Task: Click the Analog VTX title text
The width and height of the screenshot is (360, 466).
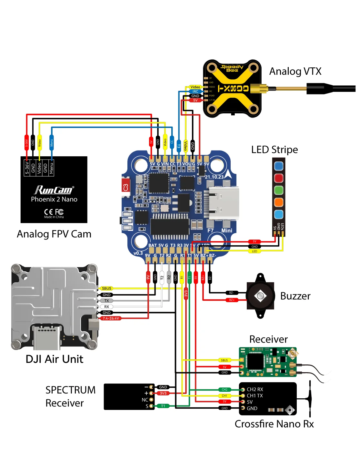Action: click(x=295, y=71)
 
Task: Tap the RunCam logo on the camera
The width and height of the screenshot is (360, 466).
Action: click(x=54, y=190)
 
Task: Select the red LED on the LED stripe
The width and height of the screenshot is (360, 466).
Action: click(x=279, y=178)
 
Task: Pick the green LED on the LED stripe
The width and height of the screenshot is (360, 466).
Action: click(x=279, y=190)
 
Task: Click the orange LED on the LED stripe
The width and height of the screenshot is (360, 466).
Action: click(x=279, y=202)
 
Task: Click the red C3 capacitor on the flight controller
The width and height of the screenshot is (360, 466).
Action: click(x=125, y=187)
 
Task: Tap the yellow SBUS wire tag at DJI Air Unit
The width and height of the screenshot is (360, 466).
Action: click(x=106, y=288)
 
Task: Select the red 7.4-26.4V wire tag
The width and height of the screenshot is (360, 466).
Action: click(x=111, y=318)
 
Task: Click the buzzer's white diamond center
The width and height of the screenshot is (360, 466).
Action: click(x=260, y=296)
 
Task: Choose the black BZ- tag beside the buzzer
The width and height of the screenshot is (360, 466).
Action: click(x=232, y=293)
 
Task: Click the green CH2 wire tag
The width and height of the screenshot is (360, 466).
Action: click(x=225, y=390)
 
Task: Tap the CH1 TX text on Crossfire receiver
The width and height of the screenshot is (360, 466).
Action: click(x=255, y=396)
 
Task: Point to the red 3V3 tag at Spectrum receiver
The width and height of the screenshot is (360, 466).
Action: click(x=163, y=393)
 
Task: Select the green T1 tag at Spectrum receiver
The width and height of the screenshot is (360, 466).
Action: click(x=163, y=406)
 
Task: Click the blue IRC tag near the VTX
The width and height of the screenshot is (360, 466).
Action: click(x=195, y=92)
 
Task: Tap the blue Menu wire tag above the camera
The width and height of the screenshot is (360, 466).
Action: click(x=51, y=142)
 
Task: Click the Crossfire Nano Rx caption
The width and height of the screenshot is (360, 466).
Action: click(x=274, y=424)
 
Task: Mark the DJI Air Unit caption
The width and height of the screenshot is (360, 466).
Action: click(x=54, y=359)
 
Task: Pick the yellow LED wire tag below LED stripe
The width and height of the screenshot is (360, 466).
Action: click(x=255, y=251)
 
